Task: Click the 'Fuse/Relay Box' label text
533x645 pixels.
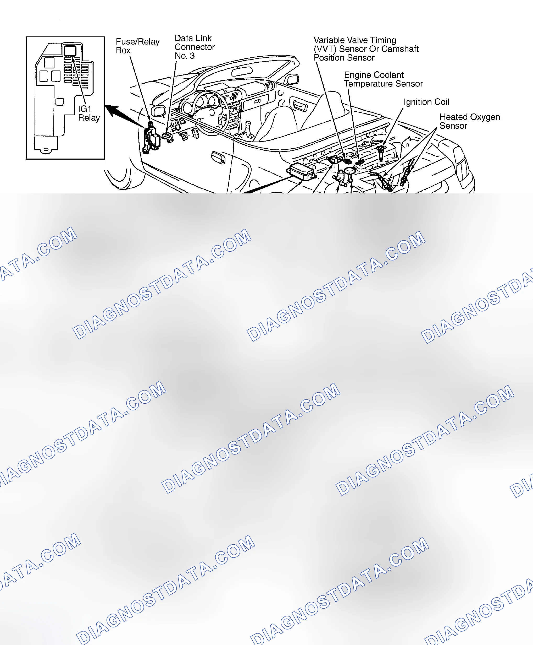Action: click(x=137, y=46)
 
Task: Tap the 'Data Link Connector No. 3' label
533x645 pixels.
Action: click(x=195, y=47)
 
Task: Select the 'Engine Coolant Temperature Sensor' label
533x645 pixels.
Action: click(x=383, y=79)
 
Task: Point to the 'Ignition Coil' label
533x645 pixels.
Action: click(x=426, y=102)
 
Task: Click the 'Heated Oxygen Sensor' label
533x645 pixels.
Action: click(x=469, y=121)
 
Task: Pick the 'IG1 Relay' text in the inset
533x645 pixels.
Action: click(x=89, y=113)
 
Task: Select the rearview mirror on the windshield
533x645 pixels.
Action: click(x=242, y=72)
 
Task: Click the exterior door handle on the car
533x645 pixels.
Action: click(x=218, y=157)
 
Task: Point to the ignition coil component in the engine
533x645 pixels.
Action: click(x=381, y=153)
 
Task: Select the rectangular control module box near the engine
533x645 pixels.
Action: click(x=301, y=172)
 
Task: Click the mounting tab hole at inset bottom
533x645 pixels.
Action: click(x=46, y=149)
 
